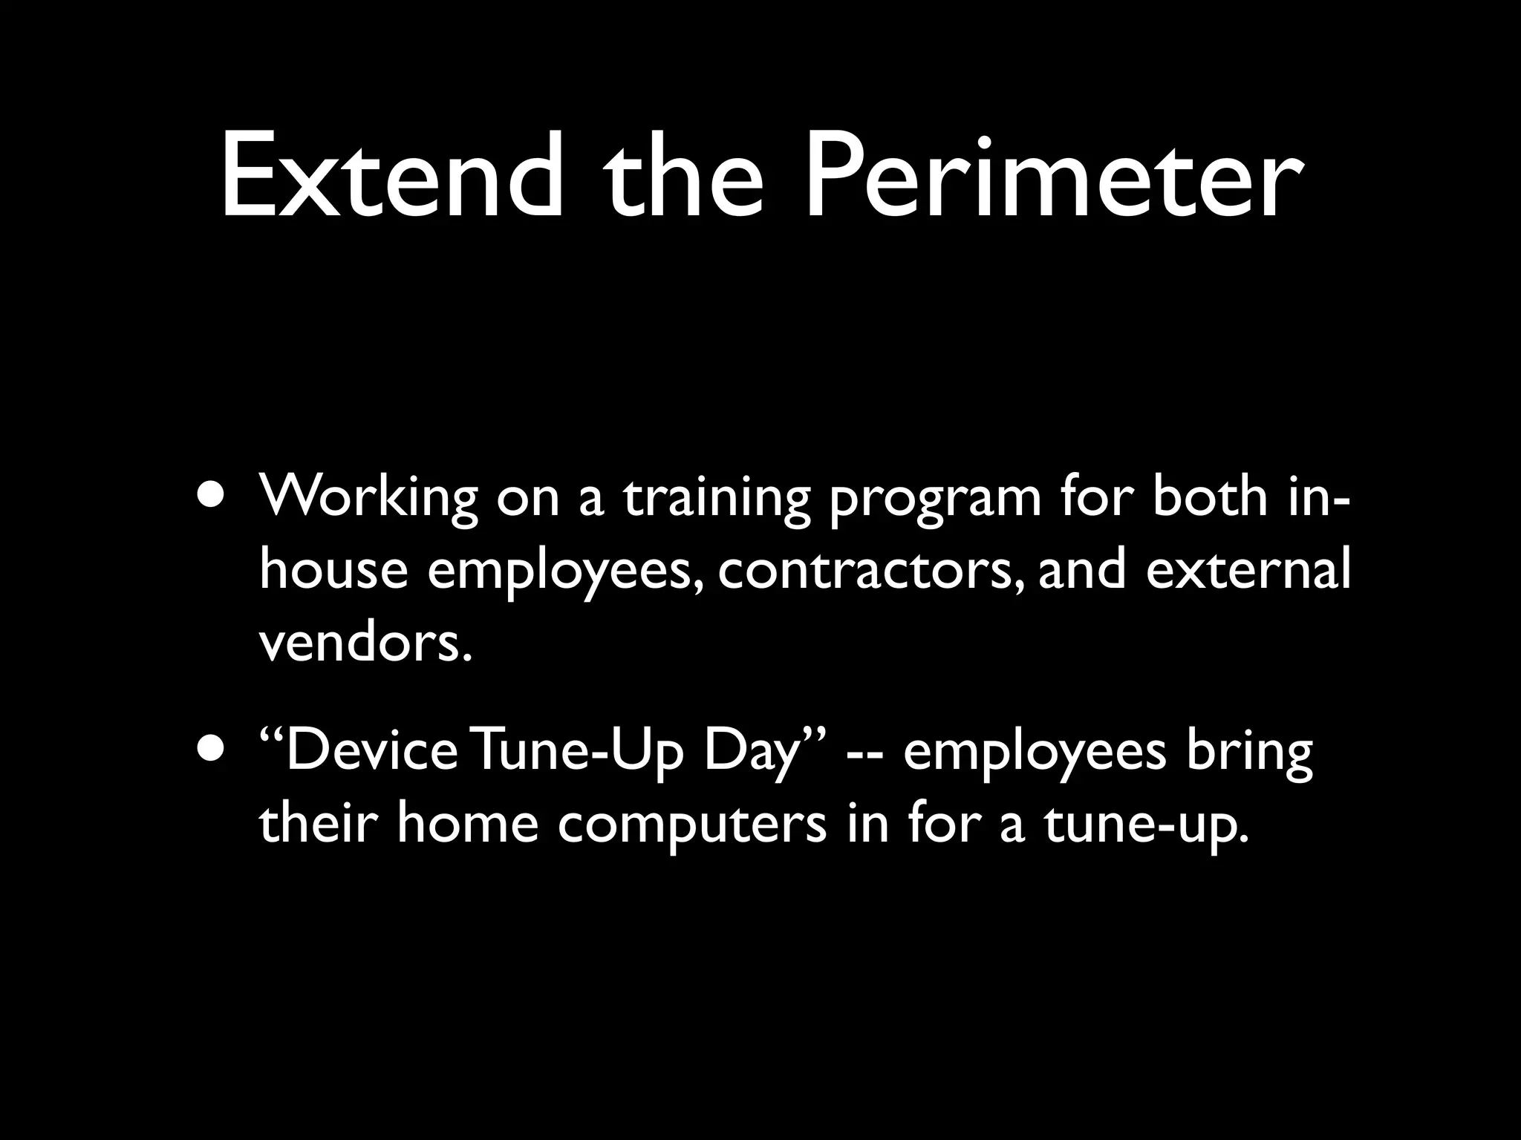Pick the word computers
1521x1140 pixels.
pos(691,825)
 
